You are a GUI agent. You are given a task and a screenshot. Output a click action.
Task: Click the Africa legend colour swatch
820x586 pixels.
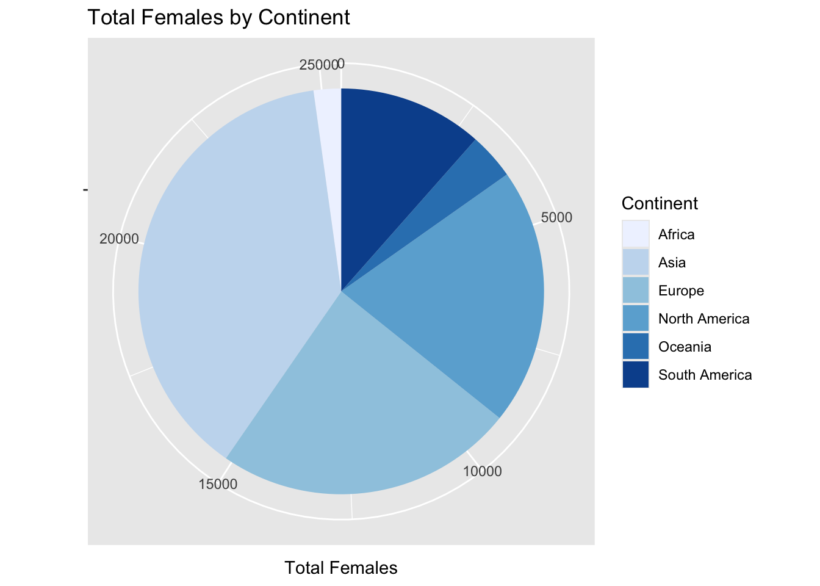636,234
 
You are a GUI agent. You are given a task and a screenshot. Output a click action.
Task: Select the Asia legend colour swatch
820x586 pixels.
636,262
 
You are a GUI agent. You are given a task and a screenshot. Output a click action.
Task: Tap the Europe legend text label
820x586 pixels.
681,291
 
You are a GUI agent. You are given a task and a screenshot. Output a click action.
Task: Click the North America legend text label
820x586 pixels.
703,319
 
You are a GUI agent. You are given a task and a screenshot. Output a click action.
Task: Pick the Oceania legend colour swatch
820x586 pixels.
636,346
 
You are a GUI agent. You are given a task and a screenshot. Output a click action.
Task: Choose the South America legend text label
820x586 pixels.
705,375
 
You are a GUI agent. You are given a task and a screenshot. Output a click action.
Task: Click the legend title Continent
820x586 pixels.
659,203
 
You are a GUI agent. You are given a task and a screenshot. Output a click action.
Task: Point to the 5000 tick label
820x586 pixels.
556,218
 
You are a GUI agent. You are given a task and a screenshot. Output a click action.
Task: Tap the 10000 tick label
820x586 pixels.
483,471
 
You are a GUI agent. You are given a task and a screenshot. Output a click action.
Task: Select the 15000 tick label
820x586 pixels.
218,484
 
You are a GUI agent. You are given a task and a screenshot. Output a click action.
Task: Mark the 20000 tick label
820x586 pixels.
120,239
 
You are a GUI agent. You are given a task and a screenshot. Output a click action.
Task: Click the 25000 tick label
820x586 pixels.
318,65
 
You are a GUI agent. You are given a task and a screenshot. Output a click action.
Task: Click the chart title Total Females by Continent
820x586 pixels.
219,17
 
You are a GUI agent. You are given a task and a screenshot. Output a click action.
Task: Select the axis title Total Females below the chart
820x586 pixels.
341,568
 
